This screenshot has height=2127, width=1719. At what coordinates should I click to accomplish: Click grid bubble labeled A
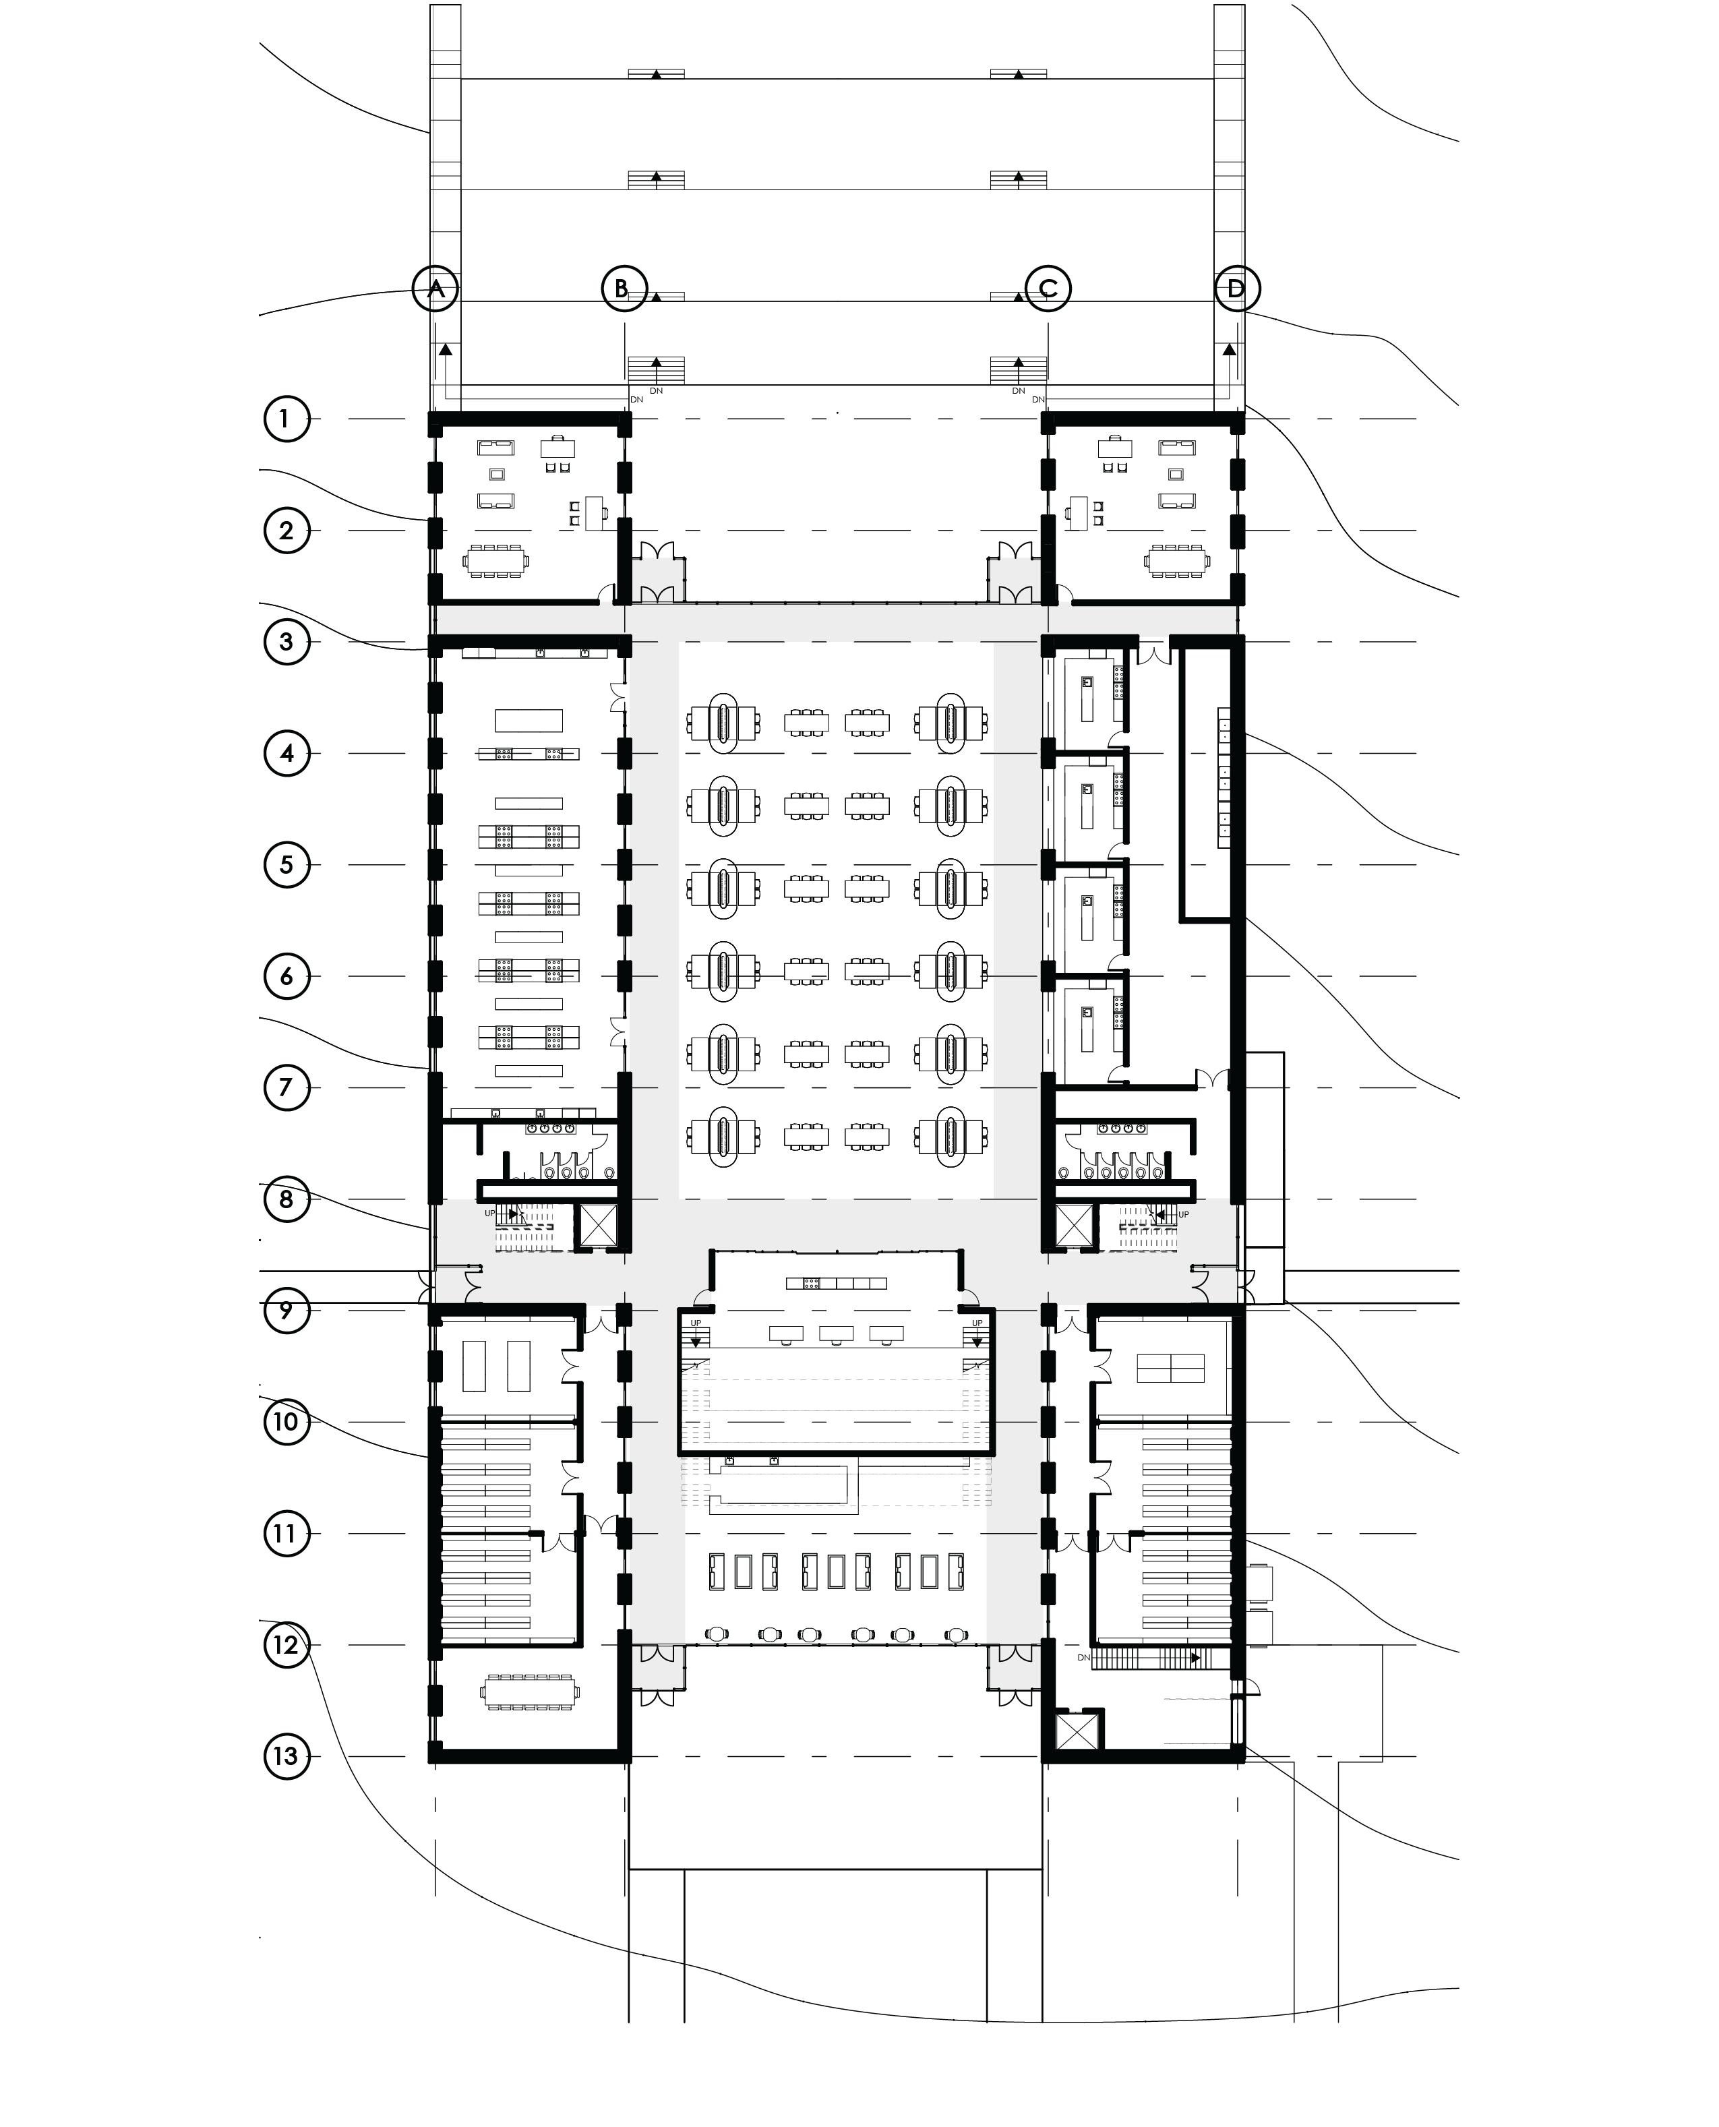pyautogui.click(x=435, y=289)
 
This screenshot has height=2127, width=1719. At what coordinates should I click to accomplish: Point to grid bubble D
pyautogui.click(x=1237, y=289)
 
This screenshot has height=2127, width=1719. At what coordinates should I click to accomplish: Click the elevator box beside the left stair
pyautogui.click(x=598, y=1225)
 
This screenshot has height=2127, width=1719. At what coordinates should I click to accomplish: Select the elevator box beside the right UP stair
pyautogui.click(x=1073, y=1225)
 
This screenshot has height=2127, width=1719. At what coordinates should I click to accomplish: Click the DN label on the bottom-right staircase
pyautogui.click(x=1084, y=1658)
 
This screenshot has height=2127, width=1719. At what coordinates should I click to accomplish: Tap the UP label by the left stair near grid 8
pyautogui.click(x=489, y=1213)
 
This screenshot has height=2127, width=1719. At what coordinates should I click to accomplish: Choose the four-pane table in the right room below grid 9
pyautogui.click(x=1170, y=1369)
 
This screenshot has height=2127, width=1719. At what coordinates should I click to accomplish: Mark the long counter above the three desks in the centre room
pyautogui.click(x=837, y=1284)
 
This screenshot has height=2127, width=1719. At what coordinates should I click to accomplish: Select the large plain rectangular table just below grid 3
pyautogui.click(x=529, y=721)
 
